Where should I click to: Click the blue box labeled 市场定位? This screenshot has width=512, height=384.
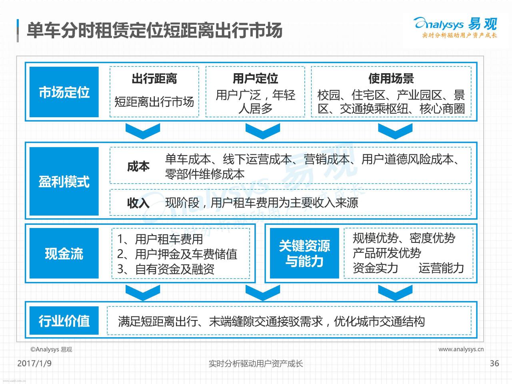pyautogui.click(x=64, y=92)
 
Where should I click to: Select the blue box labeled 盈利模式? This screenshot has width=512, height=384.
pyautogui.click(x=64, y=181)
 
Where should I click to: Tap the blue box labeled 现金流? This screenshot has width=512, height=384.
pyautogui.click(x=64, y=253)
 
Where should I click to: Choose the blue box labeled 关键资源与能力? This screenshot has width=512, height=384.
pyautogui.click(x=304, y=253)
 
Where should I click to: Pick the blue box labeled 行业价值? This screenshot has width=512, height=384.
pyautogui.click(x=64, y=320)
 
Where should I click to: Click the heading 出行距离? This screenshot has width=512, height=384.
pyautogui.click(x=154, y=78)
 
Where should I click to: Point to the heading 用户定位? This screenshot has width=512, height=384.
pyautogui.click(x=255, y=78)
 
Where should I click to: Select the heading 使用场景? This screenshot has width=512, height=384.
pyautogui.click(x=391, y=78)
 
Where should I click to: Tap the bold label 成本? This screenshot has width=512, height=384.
pyautogui.click(x=138, y=166)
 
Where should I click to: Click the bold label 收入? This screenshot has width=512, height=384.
pyautogui.click(x=138, y=203)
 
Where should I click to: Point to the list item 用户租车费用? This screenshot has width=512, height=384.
pyautogui.click(x=169, y=239)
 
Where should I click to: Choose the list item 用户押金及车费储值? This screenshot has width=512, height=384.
pyautogui.click(x=186, y=254)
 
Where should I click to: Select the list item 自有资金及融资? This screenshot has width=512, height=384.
pyautogui.click(x=175, y=269)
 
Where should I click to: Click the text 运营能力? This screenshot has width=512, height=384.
pyautogui.click(x=441, y=268)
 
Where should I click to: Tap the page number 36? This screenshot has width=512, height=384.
pyautogui.click(x=494, y=363)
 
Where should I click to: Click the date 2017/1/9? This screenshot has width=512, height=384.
pyautogui.click(x=34, y=363)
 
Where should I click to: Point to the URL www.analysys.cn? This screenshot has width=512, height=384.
pyautogui.click(x=461, y=349)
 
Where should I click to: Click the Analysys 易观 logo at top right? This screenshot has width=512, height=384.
pyautogui.click(x=455, y=28)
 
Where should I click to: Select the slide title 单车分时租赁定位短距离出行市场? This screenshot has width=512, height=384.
pyautogui.click(x=154, y=30)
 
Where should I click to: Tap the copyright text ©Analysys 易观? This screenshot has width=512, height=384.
pyautogui.click(x=51, y=349)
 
